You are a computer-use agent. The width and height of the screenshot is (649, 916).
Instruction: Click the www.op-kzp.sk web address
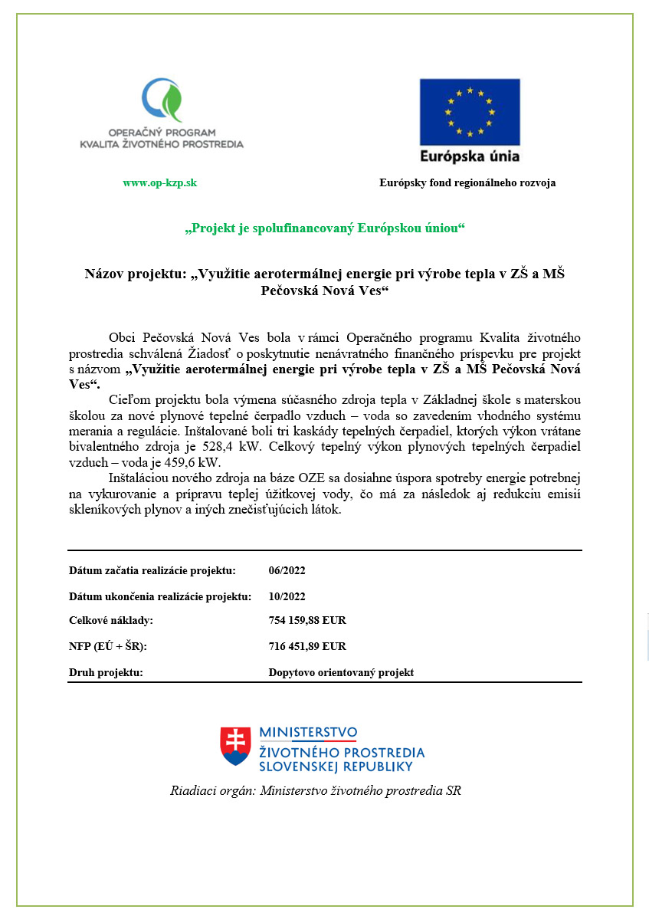click(159, 182)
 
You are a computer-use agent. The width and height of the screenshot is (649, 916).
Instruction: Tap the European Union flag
click(469, 112)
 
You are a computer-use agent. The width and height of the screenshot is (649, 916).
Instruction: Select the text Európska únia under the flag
click(469, 156)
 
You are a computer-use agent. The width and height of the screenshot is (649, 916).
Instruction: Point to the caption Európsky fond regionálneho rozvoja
click(467, 182)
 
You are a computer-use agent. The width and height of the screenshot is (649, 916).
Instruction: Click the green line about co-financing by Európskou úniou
click(325, 228)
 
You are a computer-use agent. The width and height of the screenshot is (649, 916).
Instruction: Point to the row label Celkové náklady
click(111, 620)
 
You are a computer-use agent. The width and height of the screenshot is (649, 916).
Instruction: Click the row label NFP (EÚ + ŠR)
click(108, 646)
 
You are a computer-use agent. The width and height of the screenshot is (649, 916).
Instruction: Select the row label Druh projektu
click(107, 672)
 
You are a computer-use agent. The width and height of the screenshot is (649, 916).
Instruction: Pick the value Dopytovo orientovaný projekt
click(341, 672)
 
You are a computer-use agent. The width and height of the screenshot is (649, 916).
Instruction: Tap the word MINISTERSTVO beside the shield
click(308, 733)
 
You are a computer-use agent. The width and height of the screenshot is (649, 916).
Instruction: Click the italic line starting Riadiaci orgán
click(315, 790)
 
